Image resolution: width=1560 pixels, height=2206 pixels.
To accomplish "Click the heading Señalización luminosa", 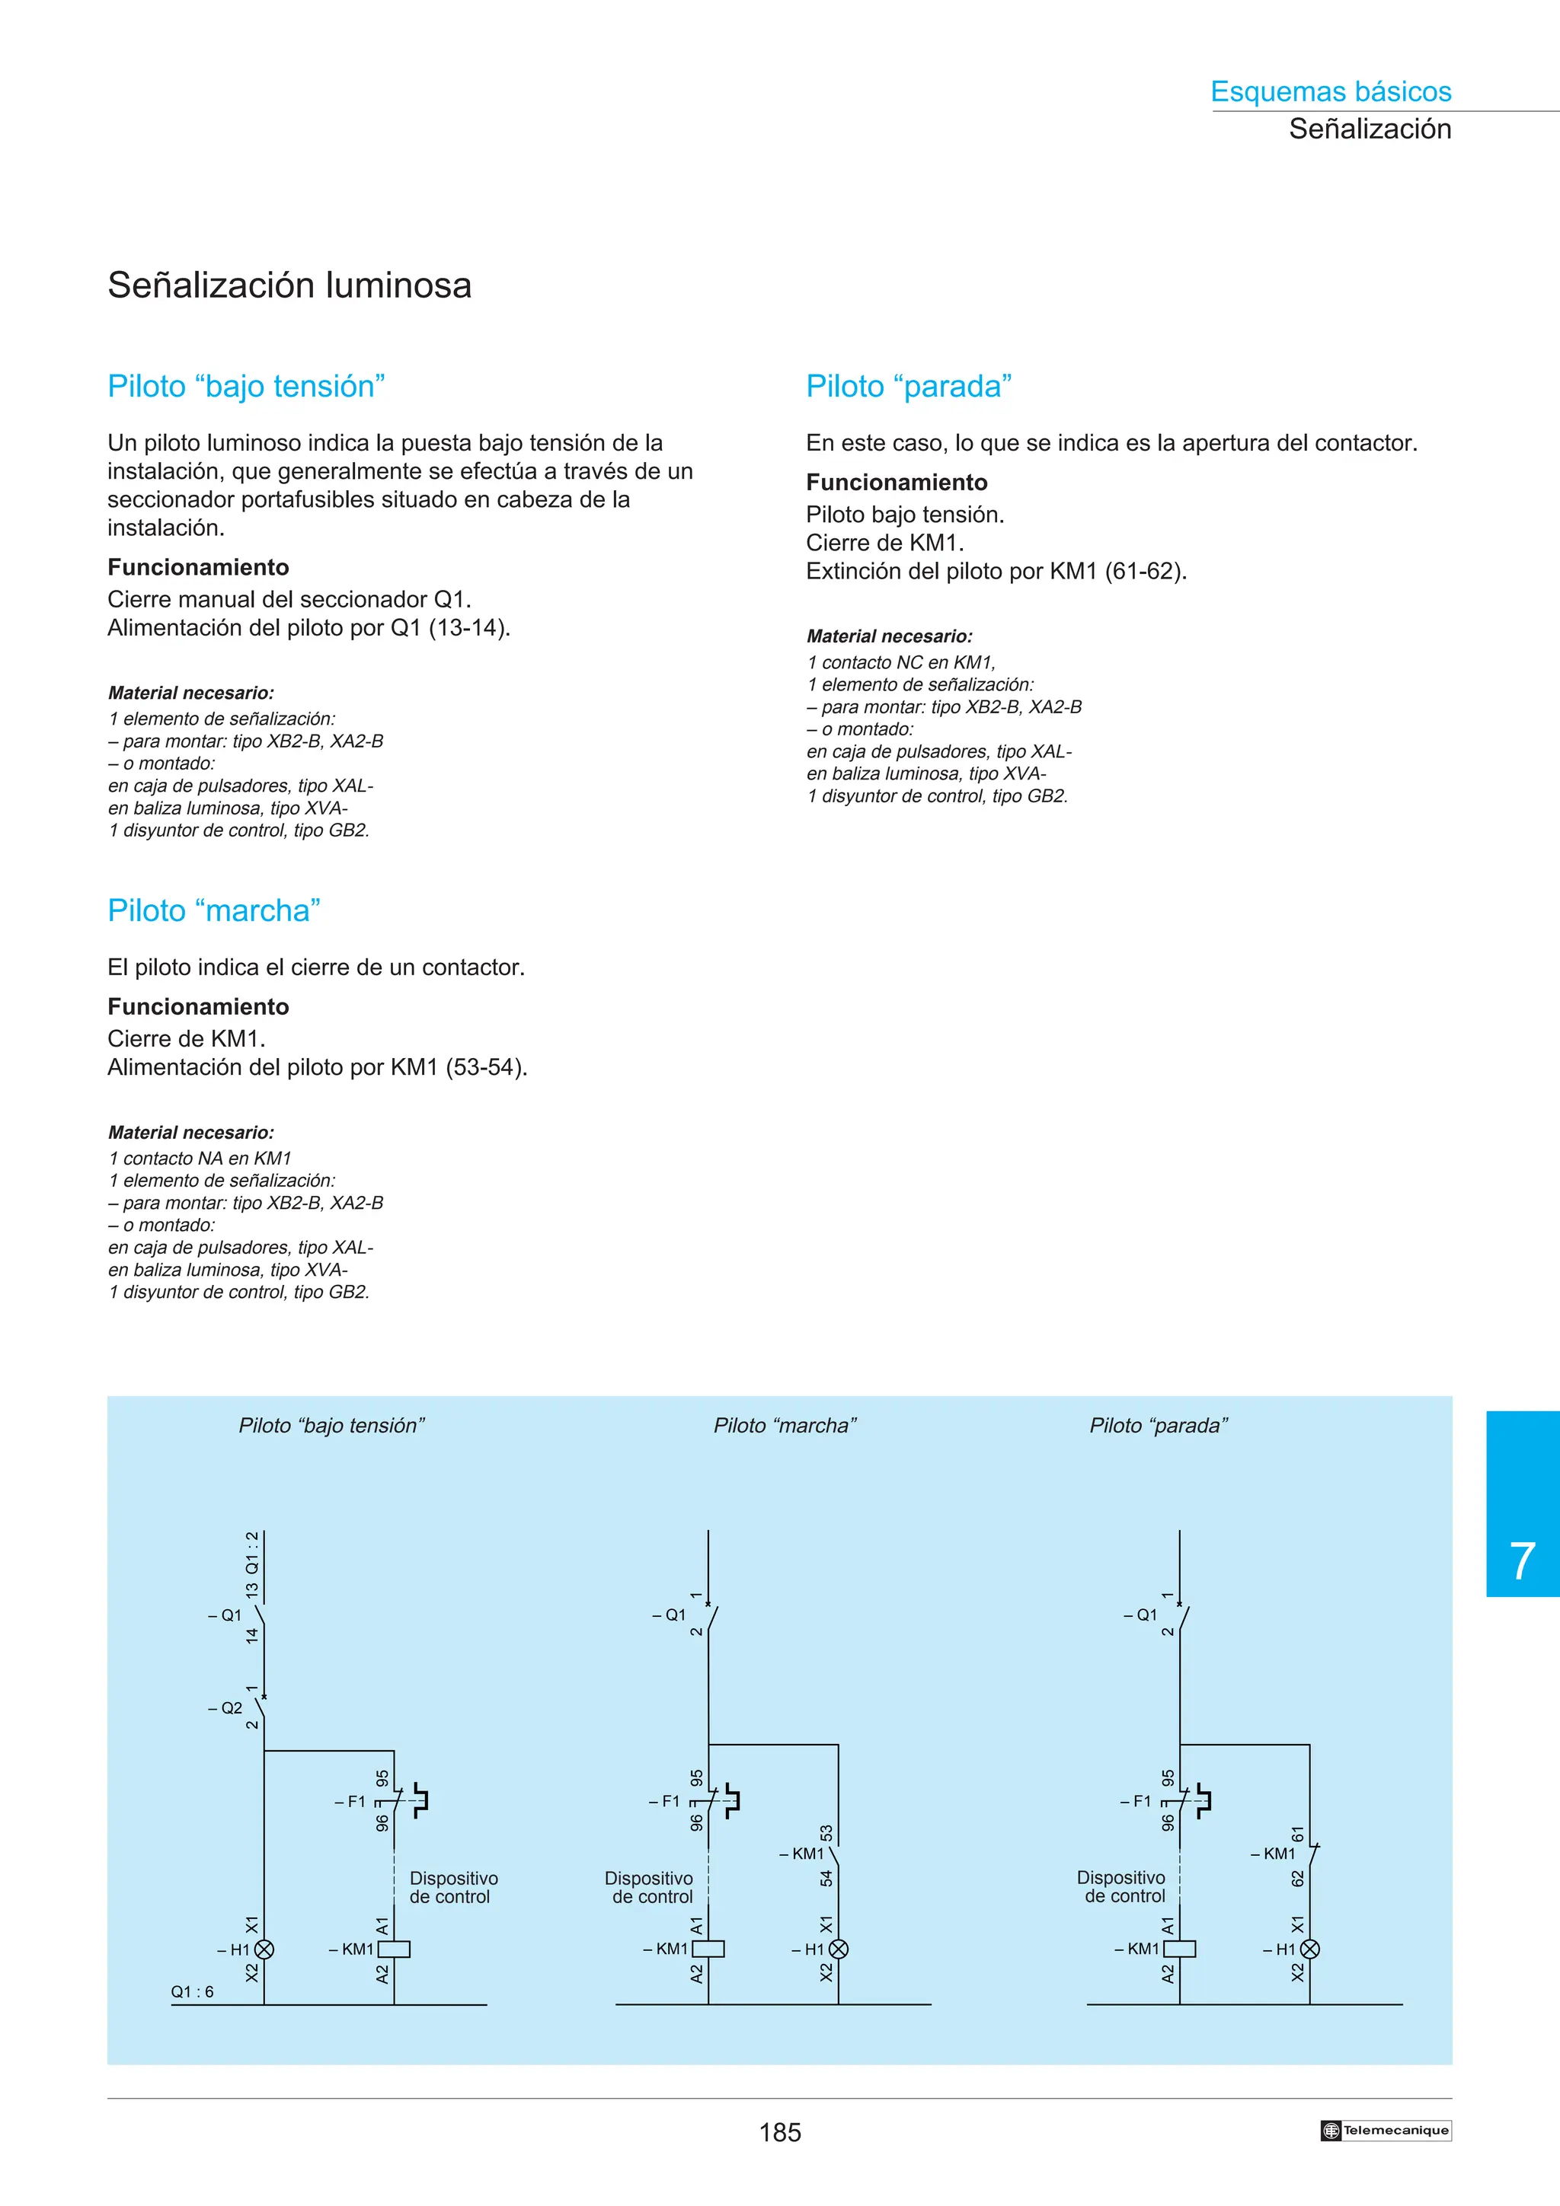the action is (289, 285).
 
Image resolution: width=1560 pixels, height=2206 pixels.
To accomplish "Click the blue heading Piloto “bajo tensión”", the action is (246, 386).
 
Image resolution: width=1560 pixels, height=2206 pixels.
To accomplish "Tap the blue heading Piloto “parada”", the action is (908, 386).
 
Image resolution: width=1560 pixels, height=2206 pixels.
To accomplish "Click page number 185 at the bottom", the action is (779, 2132).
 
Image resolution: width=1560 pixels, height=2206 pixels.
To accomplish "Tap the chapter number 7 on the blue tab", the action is (1522, 1561).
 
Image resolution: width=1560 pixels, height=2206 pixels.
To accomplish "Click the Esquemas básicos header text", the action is (1330, 91).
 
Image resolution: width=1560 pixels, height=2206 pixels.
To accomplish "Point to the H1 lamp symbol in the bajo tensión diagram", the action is (264, 1949).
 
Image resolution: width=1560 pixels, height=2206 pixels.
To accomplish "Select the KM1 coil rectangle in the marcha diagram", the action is (708, 1949).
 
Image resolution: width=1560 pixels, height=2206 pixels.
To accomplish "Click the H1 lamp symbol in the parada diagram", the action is (1310, 1949).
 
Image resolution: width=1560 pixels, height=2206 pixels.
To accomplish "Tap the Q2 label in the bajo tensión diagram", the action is (231, 1708).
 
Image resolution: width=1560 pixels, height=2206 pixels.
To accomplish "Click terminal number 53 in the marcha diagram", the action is (826, 1833).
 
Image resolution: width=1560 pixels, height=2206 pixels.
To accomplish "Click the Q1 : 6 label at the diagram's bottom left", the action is (192, 1992).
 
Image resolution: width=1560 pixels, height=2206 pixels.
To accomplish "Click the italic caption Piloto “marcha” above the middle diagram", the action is (785, 1426).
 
